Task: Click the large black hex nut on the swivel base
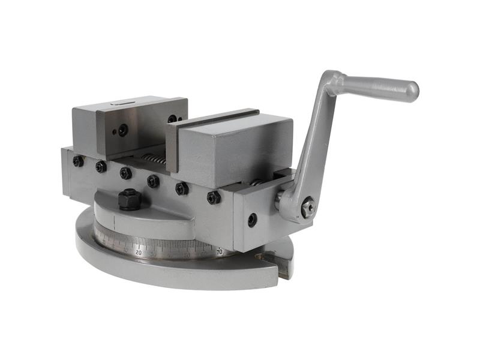point(129,199)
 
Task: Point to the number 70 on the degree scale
point(220,252)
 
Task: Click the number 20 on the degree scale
point(139,253)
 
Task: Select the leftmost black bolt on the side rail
point(78,161)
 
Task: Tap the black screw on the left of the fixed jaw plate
point(123,130)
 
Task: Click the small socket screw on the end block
point(252,220)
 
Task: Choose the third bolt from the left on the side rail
point(125,173)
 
